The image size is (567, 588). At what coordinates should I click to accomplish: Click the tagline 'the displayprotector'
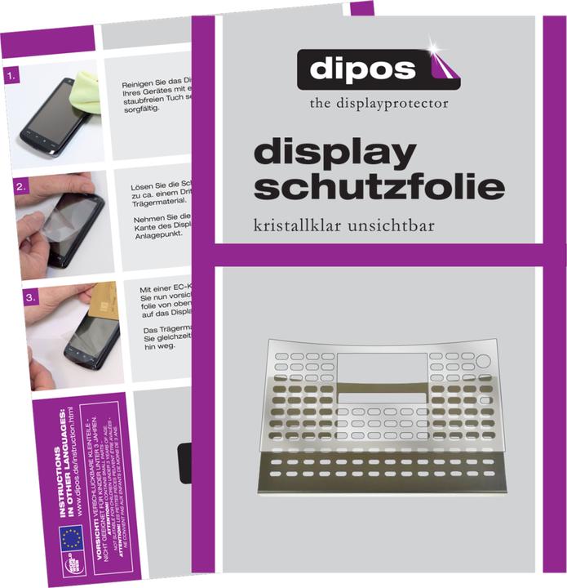pos(379,104)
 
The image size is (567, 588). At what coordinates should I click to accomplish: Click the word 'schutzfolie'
pos(379,187)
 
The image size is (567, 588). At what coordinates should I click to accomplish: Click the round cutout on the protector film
pos(481,362)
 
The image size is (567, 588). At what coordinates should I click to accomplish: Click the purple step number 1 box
pos(11,78)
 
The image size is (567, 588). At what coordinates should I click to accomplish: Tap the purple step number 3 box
pos(30,299)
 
